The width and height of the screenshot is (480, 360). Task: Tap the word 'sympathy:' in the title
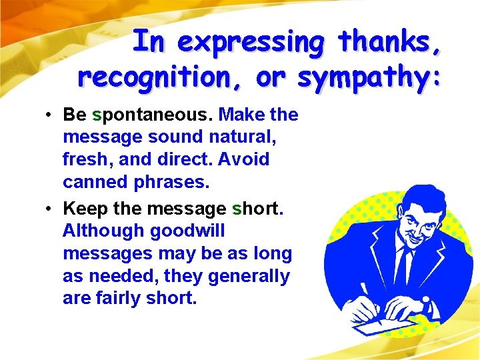(x=369, y=78)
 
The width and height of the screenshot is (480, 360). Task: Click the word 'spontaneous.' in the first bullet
(x=153, y=115)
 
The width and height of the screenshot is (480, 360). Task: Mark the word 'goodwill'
(x=188, y=231)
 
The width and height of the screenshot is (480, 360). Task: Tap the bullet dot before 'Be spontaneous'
(x=50, y=115)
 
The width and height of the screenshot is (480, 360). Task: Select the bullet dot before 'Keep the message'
(x=50, y=209)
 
